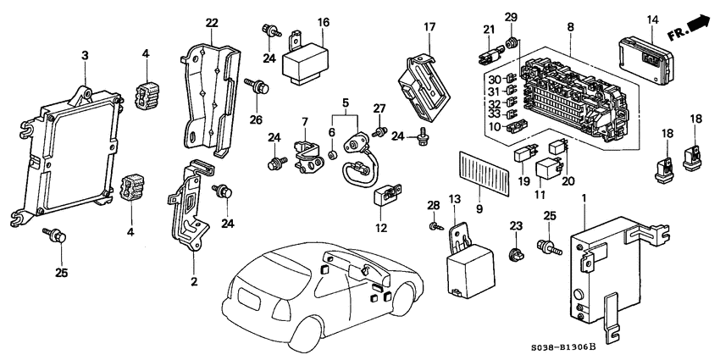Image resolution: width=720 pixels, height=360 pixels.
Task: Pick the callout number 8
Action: pyautogui.click(x=570, y=27)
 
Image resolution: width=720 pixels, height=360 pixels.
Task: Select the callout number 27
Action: pyautogui.click(x=379, y=108)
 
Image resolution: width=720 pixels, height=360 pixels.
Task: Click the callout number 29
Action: pyautogui.click(x=511, y=18)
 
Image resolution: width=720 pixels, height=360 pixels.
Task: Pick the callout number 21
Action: pyautogui.click(x=489, y=30)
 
